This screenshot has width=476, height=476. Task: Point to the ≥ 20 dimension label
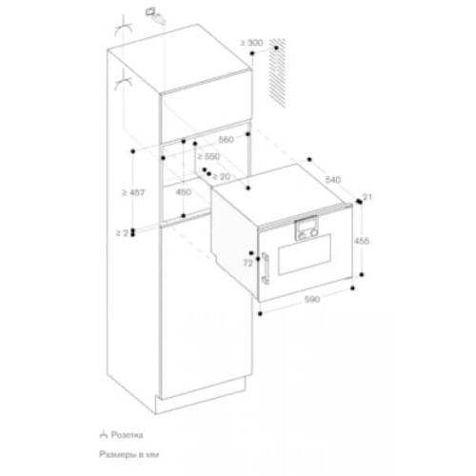coord(220,176)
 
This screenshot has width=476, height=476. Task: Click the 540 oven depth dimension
coord(332,178)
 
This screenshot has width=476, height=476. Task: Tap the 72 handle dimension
coord(248,261)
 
